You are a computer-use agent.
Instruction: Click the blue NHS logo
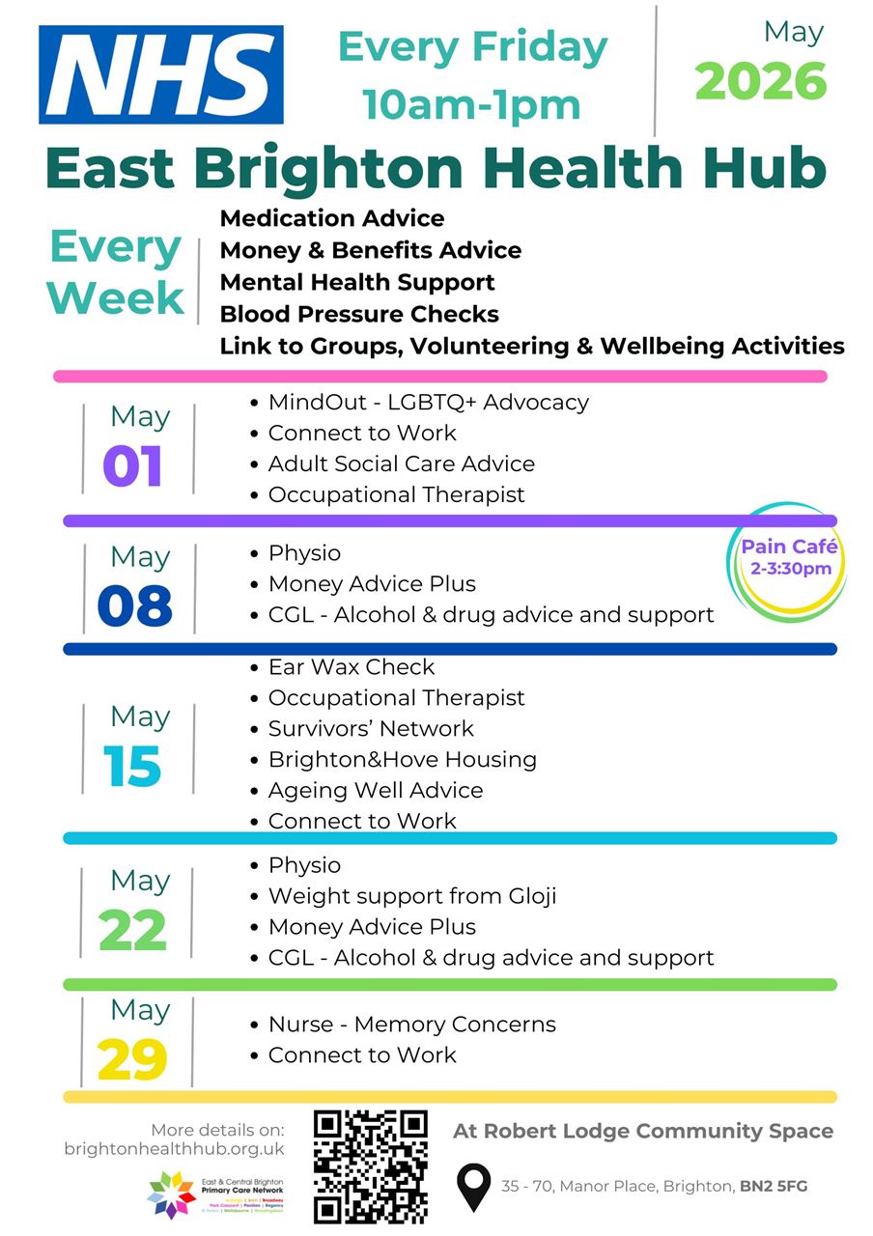(161, 74)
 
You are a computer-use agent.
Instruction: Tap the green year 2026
(761, 82)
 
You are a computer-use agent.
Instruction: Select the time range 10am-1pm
(471, 104)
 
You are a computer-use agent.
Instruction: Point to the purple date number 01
(133, 465)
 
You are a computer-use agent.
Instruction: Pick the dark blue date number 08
(134, 605)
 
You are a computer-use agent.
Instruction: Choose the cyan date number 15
(133, 766)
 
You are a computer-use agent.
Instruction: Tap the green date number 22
(133, 930)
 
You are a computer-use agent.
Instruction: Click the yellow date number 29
(133, 1059)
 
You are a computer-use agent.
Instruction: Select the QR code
(371, 1166)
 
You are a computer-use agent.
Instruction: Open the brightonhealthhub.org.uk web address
(175, 1149)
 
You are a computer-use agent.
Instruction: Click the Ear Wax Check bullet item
(352, 667)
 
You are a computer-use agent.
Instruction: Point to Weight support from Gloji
(412, 896)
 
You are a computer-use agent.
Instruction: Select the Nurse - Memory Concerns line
(412, 1025)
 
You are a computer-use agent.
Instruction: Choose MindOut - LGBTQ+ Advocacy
(428, 402)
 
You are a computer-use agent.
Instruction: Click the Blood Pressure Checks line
(359, 314)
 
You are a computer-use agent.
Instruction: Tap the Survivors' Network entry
(371, 729)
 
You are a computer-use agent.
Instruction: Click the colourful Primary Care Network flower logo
(171, 1194)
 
